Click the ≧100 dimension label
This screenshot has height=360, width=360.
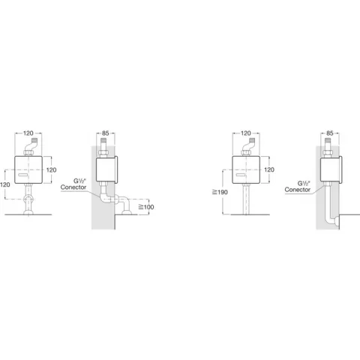[146, 207]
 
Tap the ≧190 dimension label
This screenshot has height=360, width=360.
[220, 192]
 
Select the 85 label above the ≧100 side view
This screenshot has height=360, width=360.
[106, 133]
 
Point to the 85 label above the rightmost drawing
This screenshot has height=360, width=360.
[330, 133]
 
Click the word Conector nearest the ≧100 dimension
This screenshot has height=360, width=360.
[73, 187]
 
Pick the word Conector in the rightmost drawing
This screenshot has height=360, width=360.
[298, 190]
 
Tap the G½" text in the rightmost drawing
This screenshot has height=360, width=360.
[304, 183]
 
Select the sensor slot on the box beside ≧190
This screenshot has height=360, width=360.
[241, 175]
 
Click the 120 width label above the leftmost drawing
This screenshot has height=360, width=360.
[28, 133]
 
